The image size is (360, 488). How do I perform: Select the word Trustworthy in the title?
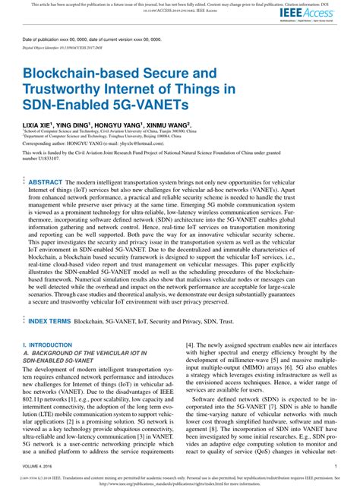(68, 92)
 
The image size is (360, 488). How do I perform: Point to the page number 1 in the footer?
(335, 468)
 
